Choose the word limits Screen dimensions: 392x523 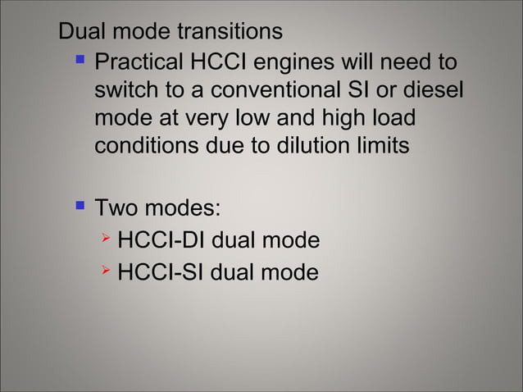pyautogui.click(x=379, y=148)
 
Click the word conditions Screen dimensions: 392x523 pyautogui.click(x=149, y=148)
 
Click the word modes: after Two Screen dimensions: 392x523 pyautogui.click(x=184, y=207)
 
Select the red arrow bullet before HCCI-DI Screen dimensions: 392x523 pyautogui.click(x=105, y=239)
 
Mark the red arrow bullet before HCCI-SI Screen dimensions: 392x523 pyautogui.click(x=105, y=270)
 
